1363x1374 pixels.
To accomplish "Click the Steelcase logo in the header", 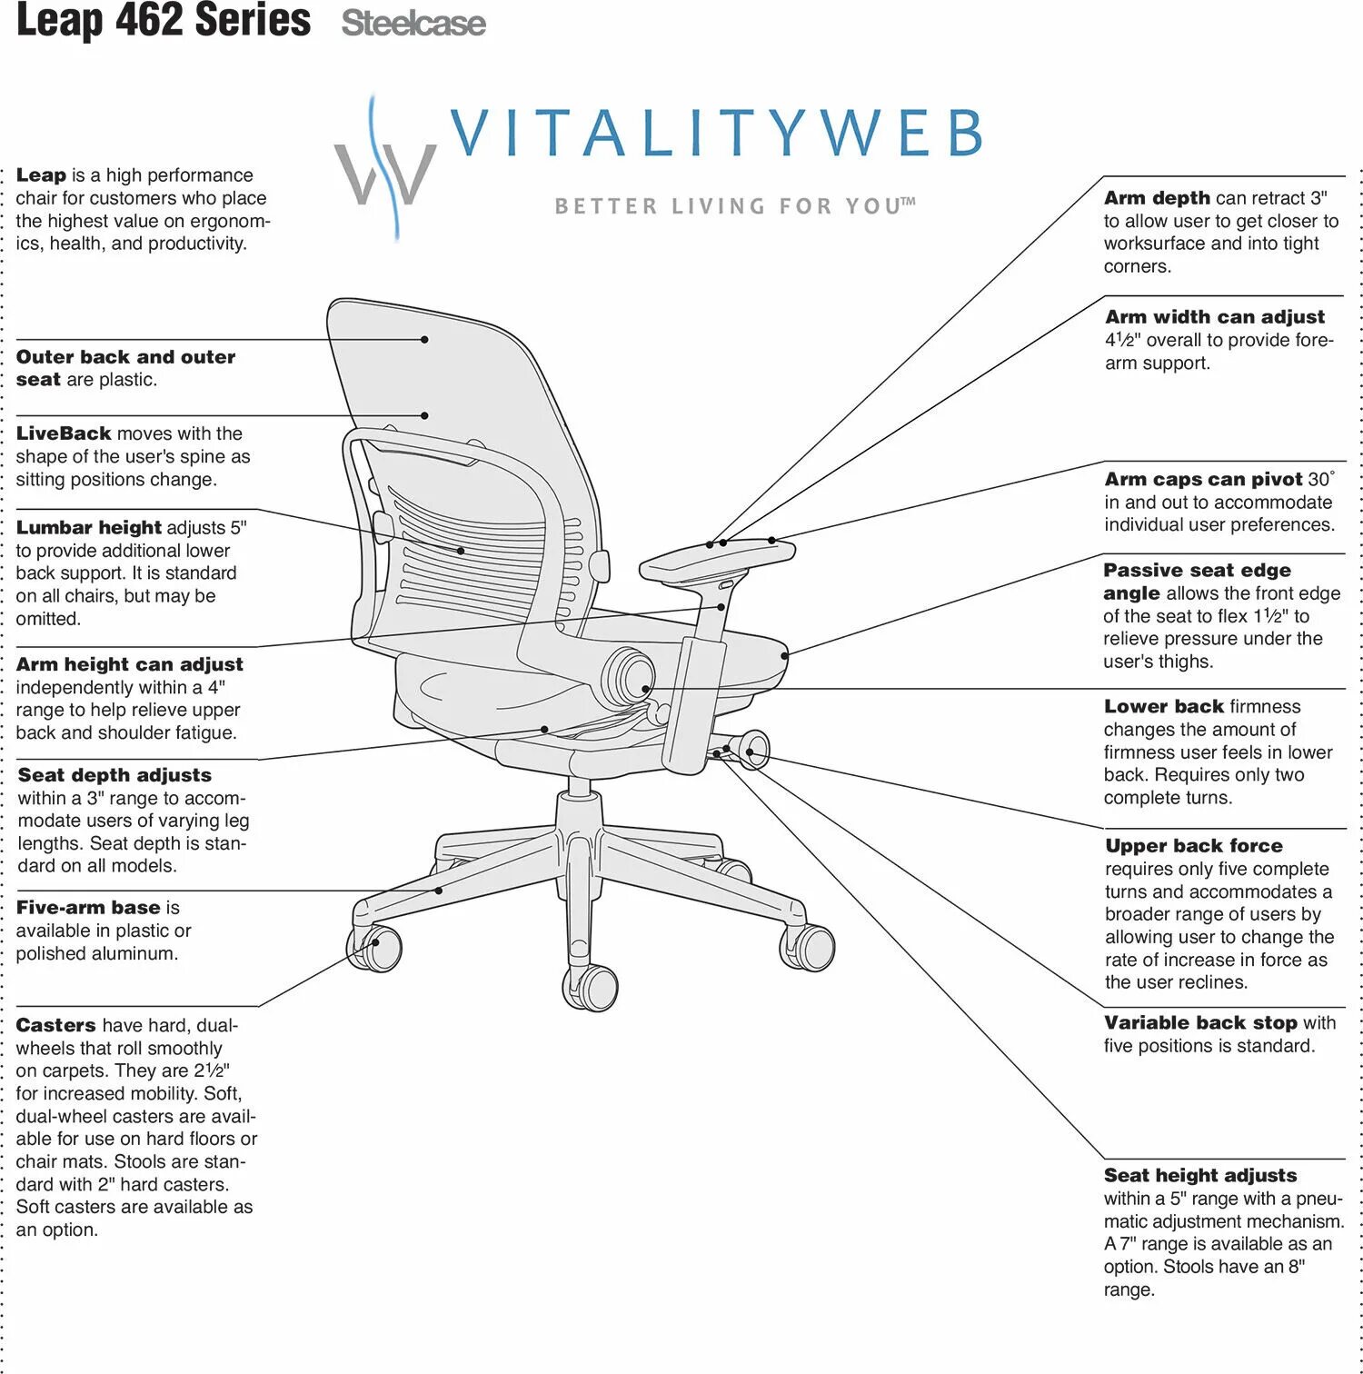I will coord(413,24).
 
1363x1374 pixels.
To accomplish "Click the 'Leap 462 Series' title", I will coord(164,20).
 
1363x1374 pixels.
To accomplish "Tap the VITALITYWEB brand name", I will coord(716,133).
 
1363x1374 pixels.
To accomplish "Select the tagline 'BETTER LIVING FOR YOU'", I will coord(734,206).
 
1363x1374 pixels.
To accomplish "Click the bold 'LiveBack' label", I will coord(64,433).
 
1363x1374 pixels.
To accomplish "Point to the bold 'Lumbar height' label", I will coord(88,528).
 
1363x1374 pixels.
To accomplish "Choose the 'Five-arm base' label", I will coord(88,908).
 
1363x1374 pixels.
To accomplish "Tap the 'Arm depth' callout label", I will coord(1157,198).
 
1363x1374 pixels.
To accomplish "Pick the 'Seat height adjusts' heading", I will coord(1200,1176).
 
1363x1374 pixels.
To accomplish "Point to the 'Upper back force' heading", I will coord(1194,846).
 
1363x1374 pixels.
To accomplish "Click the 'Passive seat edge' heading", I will coord(1197,571).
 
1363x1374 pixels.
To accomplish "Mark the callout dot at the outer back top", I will coord(424,340).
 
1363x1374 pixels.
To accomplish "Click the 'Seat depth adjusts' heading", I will coord(114,775).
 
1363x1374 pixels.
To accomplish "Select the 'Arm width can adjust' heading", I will coord(1215,317).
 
